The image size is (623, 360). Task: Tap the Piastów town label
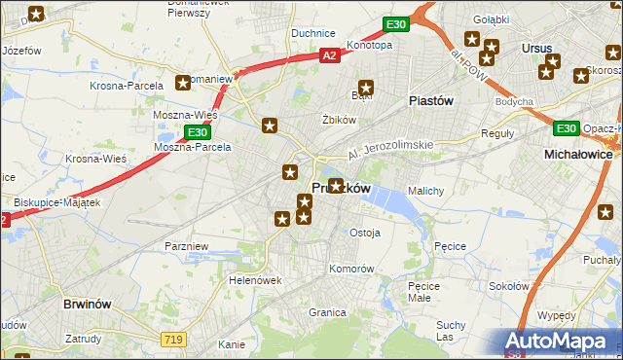pos(432,100)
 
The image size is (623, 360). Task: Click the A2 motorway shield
pos(330,57)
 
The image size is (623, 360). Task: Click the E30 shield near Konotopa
pos(394,24)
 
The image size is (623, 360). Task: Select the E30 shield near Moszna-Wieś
pos(198,131)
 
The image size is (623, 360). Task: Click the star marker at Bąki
pos(367,87)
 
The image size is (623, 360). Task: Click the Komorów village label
pos(351,268)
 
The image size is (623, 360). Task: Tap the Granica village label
pos(328,312)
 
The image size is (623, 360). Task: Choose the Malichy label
pos(426,191)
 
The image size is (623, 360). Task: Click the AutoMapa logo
pos(558,342)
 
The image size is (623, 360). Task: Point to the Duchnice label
pos(313,33)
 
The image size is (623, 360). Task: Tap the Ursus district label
pos(536,48)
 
